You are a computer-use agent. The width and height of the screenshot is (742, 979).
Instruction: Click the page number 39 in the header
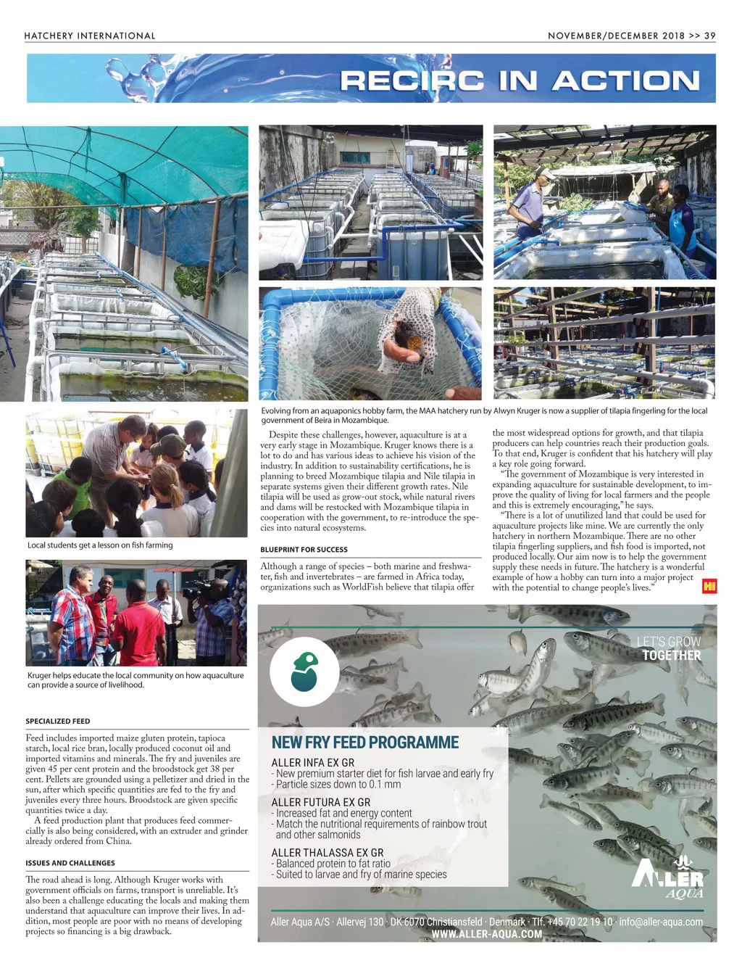click(709, 36)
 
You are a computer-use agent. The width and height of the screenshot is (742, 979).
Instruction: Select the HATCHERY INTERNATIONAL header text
click(90, 36)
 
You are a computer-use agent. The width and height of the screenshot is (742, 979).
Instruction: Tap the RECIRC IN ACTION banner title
click(520, 80)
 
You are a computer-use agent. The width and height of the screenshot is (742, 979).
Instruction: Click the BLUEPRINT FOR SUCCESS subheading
click(304, 550)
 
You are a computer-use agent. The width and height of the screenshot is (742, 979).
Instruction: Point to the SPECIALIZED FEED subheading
click(58, 722)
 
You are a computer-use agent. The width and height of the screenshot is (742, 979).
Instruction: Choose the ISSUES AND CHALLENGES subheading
click(70, 863)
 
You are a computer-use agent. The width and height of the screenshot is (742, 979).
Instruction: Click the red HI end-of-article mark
click(709, 586)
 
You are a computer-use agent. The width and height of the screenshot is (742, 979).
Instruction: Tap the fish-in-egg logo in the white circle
click(304, 671)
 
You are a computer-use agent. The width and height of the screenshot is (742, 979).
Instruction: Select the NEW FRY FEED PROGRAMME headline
click(365, 743)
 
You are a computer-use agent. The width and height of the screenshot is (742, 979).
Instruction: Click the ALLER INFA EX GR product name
click(313, 763)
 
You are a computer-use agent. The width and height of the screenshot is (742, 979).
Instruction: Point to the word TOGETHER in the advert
click(672, 656)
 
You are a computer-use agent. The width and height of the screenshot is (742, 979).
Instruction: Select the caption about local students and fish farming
click(100, 545)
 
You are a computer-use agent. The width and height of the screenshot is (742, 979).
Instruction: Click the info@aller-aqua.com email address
click(661, 922)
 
